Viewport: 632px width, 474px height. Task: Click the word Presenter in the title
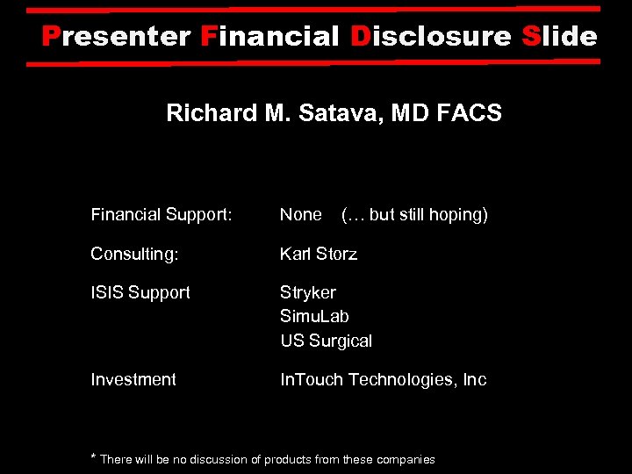click(117, 37)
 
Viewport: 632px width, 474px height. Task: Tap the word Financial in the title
click(269, 37)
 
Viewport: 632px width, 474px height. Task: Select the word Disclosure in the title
click(430, 37)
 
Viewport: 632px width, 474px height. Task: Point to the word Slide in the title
click(558, 37)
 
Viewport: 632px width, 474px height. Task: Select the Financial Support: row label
click(162, 214)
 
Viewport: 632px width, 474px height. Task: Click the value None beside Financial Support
click(301, 214)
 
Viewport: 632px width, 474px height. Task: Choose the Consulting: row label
click(134, 254)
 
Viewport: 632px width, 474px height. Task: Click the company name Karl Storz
click(319, 254)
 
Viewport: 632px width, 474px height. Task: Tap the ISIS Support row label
click(140, 292)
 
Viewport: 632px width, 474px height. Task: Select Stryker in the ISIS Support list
click(308, 292)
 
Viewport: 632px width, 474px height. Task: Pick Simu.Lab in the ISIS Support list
click(314, 316)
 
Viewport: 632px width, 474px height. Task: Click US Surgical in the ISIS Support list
click(327, 341)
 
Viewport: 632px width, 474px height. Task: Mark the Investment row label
click(133, 379)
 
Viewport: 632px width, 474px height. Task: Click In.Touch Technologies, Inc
click(383, 379)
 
